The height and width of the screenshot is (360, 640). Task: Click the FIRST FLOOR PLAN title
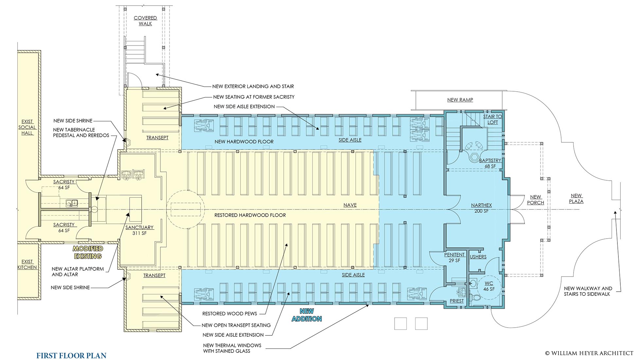(x=71, y=355)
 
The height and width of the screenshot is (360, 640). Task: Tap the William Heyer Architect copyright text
(x=589, y=353)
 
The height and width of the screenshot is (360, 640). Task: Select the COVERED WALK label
(x=145, y=21)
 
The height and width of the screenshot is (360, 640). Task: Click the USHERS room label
(x=478, y=257)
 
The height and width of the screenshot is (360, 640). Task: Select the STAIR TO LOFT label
(x=492, y=119)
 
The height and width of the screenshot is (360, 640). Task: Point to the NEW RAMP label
(x=460, y=100)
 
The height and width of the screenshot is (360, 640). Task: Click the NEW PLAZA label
(x=576, y=198)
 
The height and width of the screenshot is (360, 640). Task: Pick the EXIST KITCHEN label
(x=27, y=264)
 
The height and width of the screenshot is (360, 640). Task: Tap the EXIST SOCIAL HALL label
(x=27, y=127)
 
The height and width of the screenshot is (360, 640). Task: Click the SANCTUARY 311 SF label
(x=139, y=230)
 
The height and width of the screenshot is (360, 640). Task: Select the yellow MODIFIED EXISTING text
(x=88, y=252)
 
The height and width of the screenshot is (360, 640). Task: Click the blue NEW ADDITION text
(x=307, y=315)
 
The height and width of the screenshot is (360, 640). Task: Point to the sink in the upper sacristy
(x=72, y=203)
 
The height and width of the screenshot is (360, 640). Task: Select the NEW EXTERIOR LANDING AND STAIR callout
(x=253, y=86)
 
